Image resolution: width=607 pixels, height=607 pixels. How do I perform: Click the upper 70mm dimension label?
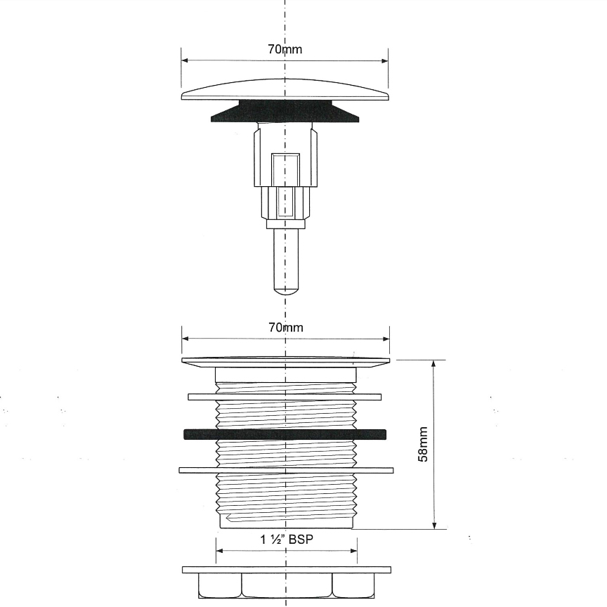point(285,49)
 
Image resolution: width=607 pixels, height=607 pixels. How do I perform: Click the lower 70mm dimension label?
point(286,327)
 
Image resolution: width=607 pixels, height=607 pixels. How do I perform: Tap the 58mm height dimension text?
point(423,444)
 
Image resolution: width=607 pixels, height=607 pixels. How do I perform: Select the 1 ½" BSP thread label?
point(286,539)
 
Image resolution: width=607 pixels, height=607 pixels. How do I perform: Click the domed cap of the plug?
point(285,90)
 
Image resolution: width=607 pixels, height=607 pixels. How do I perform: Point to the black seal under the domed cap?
point(285,111)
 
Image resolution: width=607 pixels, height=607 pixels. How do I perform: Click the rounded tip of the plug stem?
point(286,290)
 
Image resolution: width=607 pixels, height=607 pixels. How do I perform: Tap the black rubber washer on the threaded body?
point(285,434)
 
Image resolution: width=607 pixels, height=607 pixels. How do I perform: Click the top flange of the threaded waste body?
point(286,363)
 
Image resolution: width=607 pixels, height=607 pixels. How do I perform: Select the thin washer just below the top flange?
point(285,397)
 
